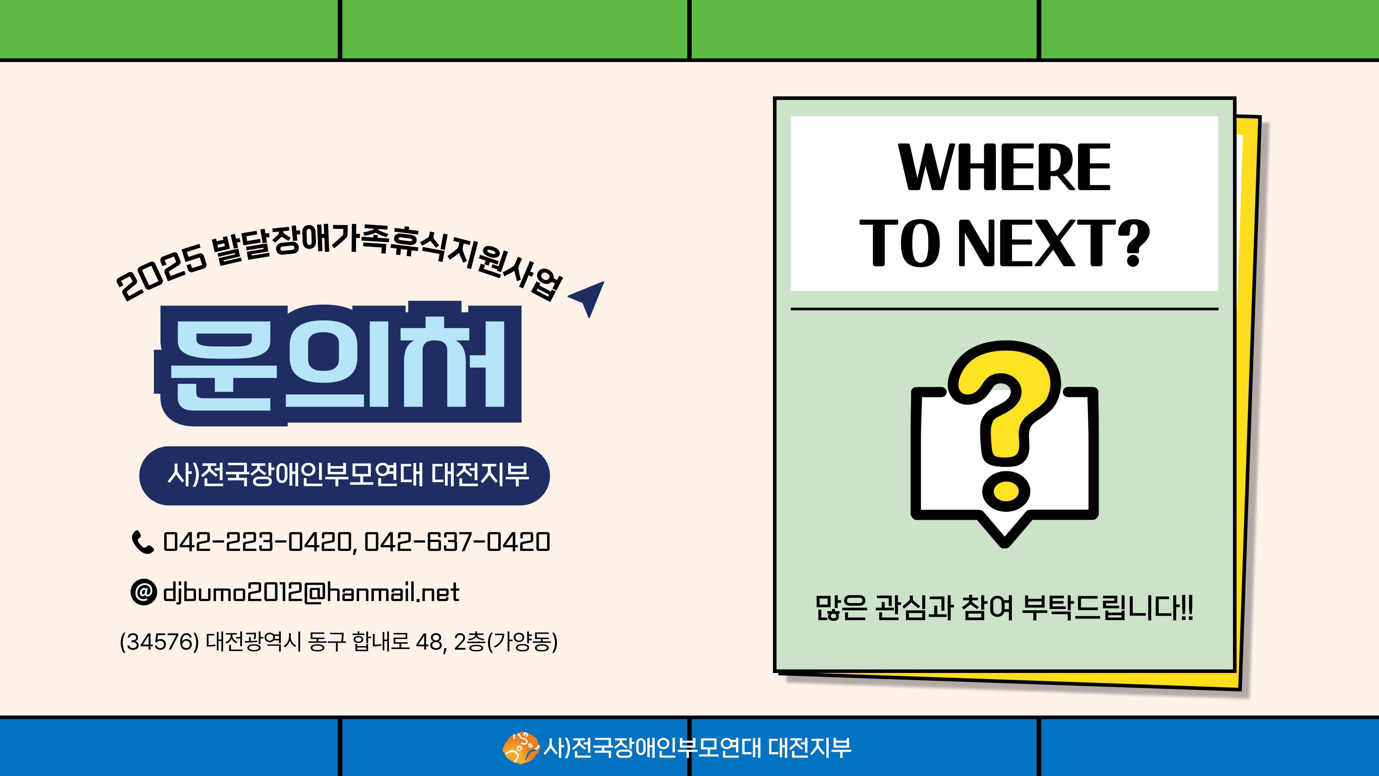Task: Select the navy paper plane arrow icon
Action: [587, 297]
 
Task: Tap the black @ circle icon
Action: [143, 592]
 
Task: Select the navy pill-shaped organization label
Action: [344, 475]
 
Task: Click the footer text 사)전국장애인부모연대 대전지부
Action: [697, 748]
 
